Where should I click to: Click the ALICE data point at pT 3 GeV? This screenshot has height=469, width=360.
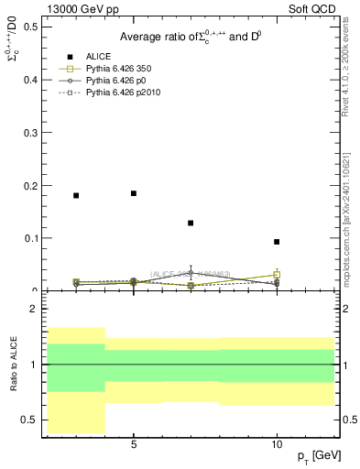76,195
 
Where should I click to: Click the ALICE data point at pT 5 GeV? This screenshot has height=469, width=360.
134,193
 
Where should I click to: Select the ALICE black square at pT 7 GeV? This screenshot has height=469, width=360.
191,223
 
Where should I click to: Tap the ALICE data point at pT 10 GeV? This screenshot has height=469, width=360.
277,242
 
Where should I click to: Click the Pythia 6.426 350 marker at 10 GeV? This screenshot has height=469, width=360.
277,275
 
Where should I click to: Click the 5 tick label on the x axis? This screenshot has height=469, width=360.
134,444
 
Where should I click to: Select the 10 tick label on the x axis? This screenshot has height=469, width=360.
277,444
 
